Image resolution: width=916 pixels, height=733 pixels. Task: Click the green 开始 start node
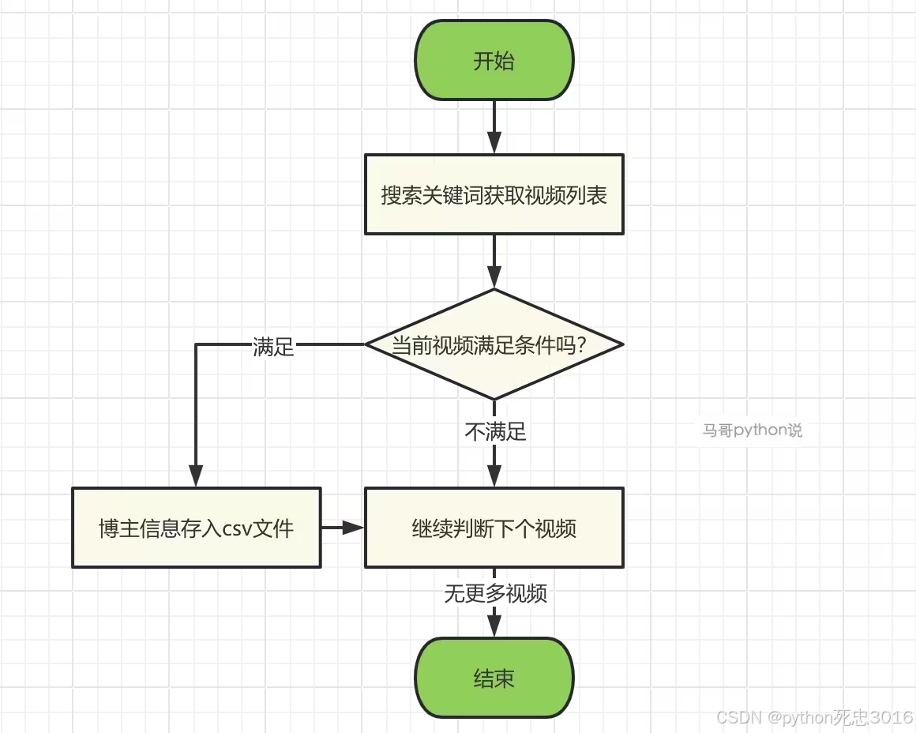(494, 61)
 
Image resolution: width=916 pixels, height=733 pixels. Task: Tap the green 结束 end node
(494, 678)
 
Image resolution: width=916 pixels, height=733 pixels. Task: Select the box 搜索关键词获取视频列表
(494, 194)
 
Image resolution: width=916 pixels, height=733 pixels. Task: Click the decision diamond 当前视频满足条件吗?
(494, 344)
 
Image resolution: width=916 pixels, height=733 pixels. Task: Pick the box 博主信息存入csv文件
(197, 528)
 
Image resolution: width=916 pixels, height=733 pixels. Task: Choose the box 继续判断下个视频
(494, 528)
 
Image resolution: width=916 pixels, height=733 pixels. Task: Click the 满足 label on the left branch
(273, 347)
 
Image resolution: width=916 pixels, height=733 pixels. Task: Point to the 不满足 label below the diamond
(495, 431)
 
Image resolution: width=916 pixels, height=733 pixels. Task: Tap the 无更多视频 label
(495, 594)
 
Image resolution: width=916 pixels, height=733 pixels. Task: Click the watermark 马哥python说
(752, 430)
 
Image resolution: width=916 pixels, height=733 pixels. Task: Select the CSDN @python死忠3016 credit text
(814, 717)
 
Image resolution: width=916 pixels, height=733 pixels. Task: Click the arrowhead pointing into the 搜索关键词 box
(494, 144)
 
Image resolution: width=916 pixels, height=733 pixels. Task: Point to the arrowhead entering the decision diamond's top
(494, 278)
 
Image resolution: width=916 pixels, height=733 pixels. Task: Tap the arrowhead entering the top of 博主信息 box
(196, 477)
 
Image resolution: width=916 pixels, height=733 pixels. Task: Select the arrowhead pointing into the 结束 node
(494, 626)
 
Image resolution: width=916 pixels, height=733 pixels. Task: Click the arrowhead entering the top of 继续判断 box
(494, 477)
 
